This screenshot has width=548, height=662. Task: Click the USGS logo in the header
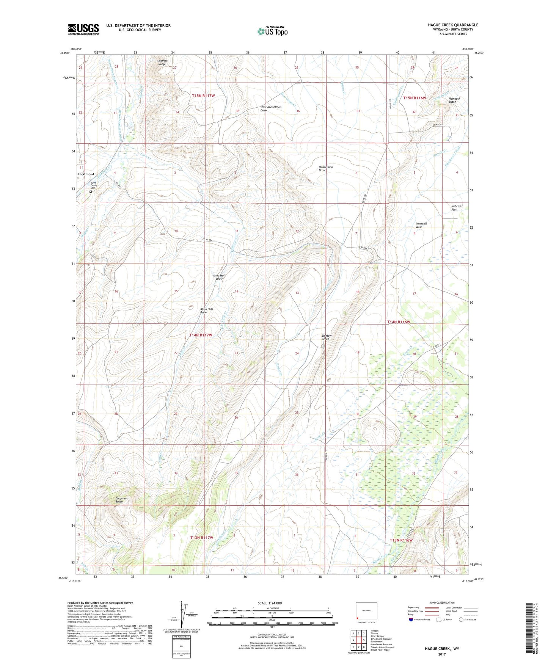(83, 29)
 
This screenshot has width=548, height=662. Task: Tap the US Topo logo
(272, 31)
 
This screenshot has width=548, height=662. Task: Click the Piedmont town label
(86, 174)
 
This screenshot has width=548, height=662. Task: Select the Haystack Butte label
(454, 100)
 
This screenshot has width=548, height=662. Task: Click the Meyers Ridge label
(162, 63)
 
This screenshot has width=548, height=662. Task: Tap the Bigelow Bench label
(325, 337)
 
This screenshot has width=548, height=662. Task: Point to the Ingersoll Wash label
(421, 225)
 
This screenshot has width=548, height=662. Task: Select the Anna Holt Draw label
(219, 277)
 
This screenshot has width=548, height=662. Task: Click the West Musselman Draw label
(270, 108)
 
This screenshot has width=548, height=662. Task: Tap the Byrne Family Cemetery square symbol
(90, 192)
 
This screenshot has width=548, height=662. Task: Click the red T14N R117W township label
(200, 335)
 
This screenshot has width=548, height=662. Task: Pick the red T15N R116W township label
(415, 98)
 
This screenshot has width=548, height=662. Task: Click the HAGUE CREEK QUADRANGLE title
(453, 25)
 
